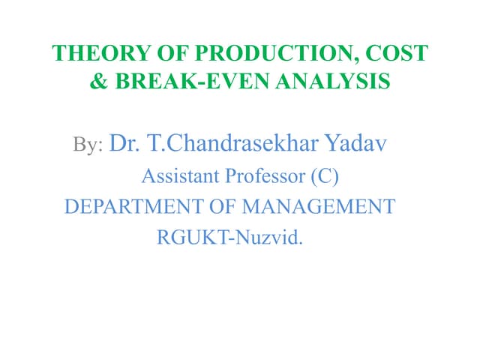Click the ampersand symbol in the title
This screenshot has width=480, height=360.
(99, 80)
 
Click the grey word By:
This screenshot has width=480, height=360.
(88, 144)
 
